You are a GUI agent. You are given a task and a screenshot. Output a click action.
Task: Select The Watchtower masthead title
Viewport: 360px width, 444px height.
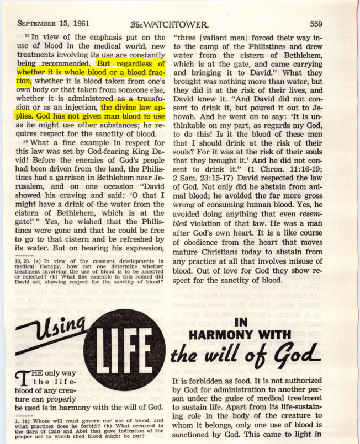(x=169, y=24)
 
